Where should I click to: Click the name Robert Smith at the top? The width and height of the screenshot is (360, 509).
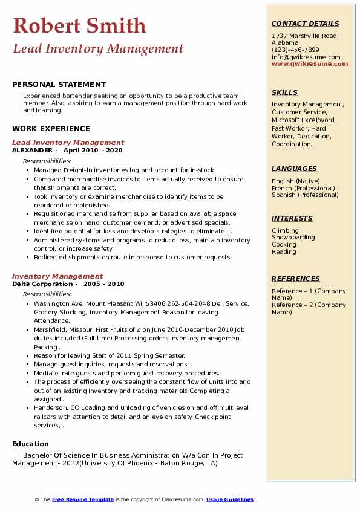coord(79,25)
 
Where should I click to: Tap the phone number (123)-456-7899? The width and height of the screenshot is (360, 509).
coord(295,50)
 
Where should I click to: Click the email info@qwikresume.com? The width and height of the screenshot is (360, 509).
coord(306,57)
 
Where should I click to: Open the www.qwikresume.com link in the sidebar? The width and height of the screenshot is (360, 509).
coord(310,63)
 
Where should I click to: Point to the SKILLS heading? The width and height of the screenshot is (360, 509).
coord(284,92)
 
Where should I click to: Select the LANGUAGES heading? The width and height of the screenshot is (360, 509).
coord(294,169)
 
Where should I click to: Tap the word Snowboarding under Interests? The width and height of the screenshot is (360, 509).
coord(293,238)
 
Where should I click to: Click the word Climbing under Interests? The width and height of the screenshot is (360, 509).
coord(285,230)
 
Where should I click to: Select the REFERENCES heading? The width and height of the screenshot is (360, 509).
coord(296,279)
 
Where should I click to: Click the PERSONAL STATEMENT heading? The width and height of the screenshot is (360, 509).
coord(59,85)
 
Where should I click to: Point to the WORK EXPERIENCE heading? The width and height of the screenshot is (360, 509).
coord(51,129)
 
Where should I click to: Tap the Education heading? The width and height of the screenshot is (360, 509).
coord(30,444)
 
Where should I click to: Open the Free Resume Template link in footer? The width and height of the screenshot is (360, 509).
coord(83,499)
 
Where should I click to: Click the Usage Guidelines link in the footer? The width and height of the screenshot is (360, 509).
coord(229,499)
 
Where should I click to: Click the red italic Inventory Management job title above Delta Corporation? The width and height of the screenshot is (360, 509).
coord(57,276)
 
